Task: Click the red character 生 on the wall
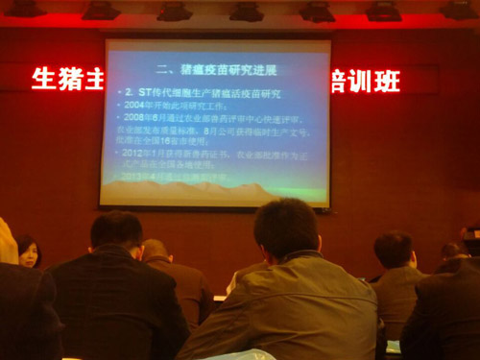pos(44,79)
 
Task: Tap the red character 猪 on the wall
pos(69,79)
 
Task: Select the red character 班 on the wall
pos(388,81)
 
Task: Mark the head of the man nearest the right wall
pos(454,252)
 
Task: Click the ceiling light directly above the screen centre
pos(246,12)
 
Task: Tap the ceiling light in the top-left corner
pos(24,9)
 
